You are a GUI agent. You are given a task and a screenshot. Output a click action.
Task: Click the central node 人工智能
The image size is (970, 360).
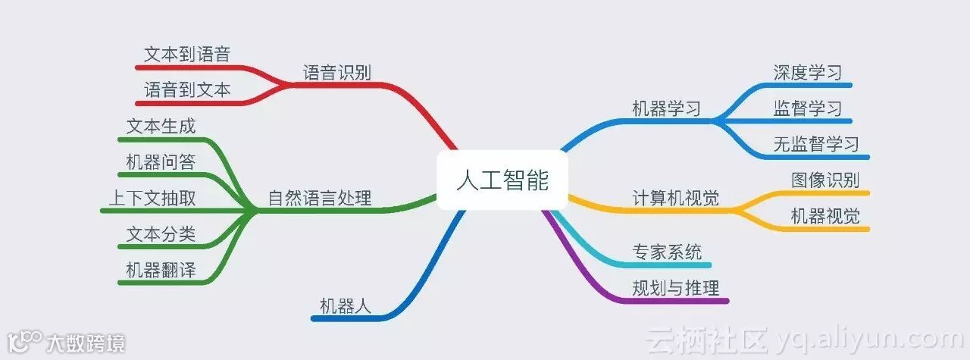click(x=502, y=180)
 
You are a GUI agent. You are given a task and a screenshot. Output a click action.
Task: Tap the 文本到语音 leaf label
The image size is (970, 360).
click(x=187, y=54)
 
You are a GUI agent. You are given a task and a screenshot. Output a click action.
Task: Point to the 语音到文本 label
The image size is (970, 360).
click(x=187, y=90)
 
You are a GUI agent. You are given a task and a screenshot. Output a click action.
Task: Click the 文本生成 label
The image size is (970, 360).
click(x=161, y=127)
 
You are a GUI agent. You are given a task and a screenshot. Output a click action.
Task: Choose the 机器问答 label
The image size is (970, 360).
click(x=161, y=162)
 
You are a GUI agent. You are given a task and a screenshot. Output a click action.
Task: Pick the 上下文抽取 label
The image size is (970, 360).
click(x=152, y=199)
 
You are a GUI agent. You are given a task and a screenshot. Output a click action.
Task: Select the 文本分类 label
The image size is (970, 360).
click(x=161, y=234)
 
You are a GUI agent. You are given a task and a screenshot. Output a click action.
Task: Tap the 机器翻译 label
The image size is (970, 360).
click(x=161, y=270)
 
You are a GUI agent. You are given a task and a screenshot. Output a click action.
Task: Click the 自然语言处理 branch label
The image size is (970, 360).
click(x=320, y=199)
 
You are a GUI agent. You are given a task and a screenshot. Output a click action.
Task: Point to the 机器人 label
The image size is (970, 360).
click(x=346, y=306)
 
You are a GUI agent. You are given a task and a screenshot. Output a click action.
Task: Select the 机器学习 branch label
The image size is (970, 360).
click(x=667, y=108)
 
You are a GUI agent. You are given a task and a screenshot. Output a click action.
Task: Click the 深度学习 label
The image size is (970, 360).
click(x=808, y=73)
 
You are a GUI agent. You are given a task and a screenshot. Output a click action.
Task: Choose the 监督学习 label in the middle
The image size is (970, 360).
click(x=808, y=108)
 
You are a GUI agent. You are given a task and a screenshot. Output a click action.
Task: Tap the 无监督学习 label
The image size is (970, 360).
click(x=816, y=144)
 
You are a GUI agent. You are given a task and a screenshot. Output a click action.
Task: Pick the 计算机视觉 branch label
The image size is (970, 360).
click(x=676, y=199)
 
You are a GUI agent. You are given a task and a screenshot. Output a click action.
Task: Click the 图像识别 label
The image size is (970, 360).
click(x=825, y=180)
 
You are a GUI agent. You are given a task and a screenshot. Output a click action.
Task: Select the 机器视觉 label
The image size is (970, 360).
click(x=825, y=216)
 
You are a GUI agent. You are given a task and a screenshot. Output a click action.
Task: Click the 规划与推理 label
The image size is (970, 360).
click(x=676, y=288)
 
